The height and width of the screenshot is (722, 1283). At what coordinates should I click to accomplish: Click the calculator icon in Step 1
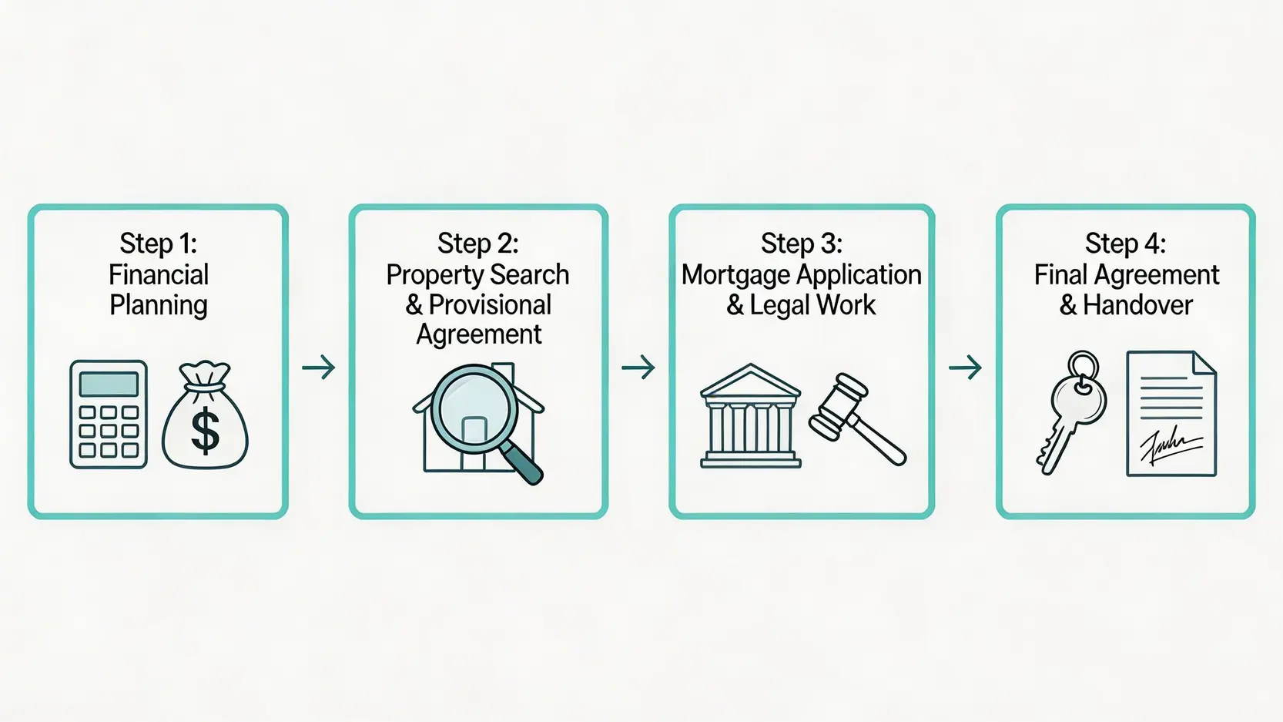click(x=109, y=415)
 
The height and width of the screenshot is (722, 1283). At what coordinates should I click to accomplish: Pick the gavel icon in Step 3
click(x=856, y=418)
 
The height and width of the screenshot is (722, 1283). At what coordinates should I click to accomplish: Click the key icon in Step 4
click(x=1071, y=412)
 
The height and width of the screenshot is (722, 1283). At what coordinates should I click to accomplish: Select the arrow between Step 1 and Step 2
click(x=319, y=367)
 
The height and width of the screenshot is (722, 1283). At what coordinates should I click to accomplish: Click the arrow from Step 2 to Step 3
click(x=638, y=367)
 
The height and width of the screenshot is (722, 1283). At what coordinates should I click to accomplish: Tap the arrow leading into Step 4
click(x=966, y=367)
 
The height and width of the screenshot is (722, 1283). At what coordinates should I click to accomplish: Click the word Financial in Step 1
click(x=159, y=274)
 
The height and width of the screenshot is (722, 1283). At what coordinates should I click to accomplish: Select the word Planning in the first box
click(x=159, y=305)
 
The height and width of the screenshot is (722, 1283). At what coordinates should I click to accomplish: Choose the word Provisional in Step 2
click(x=490, y=305)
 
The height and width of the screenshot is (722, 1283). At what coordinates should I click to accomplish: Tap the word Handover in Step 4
click(x=1138, y=305)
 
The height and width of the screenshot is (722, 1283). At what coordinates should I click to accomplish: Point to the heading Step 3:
click(x=802, y=243)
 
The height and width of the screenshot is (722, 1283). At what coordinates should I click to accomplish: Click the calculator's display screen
click(x=109, y=384)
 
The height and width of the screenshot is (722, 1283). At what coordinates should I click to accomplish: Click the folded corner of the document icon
click(x=1204, y=363)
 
